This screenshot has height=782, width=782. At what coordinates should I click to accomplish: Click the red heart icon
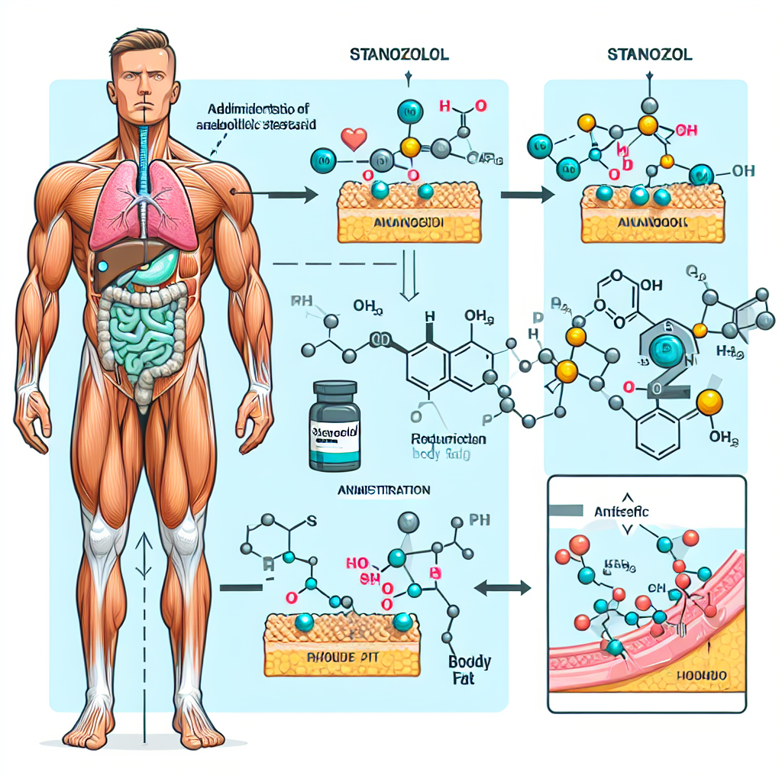click(353, 139)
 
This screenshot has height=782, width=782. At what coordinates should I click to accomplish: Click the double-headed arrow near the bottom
click(503, 587)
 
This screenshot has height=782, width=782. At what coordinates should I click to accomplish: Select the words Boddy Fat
click(470, 668)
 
